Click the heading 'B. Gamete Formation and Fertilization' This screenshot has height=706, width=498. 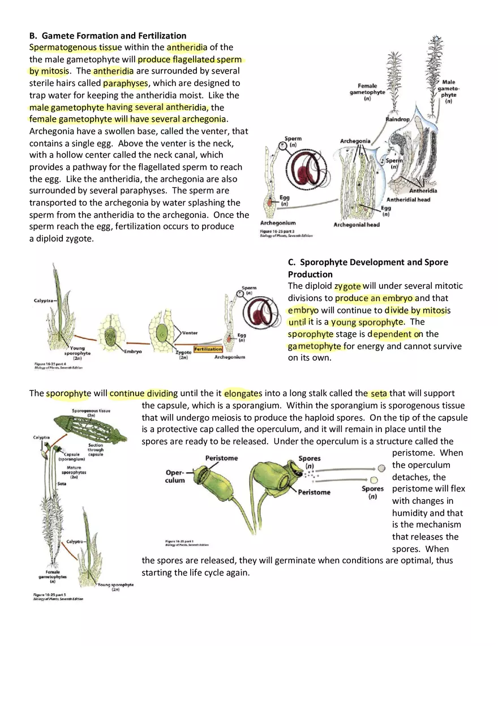[108, 36]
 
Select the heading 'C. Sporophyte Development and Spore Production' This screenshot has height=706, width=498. [368, 268]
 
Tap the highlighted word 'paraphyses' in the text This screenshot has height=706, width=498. [125, 83]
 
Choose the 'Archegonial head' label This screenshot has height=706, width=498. [357, 225]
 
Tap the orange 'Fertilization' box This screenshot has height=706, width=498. [208, 349]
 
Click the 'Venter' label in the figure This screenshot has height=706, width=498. [190, 333]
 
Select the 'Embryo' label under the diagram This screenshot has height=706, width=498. [133, 352]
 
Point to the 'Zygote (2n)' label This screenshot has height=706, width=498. [183, 354]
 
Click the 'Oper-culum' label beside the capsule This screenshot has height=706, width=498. [175, 476]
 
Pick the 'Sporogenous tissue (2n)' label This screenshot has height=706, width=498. [91, 413]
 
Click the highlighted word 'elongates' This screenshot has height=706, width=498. [243, 393]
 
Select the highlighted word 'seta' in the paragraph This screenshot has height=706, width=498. [379, 393]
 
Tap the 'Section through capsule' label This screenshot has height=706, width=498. [96, 449]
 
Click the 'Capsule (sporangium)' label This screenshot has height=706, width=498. [72, 457]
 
